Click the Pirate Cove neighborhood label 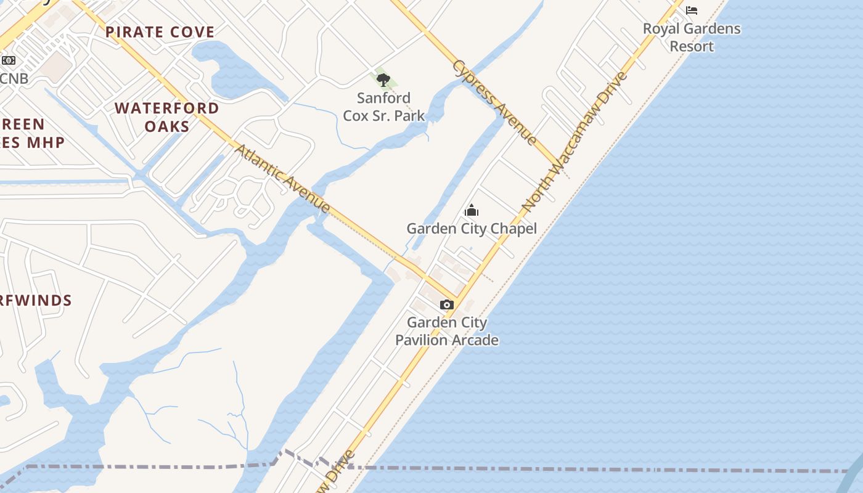[160, 32]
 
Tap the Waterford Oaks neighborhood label [167, 117]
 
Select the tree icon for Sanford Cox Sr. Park [383, 79]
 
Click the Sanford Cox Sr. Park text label [383, 107]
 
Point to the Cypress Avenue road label [495, 102]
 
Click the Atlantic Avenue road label [283, 179]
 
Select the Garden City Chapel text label [472, 229]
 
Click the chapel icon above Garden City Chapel [472, 211]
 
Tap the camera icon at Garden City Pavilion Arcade [447, 304]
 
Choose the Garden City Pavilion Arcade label [447, 331]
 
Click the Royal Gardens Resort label [692, 37]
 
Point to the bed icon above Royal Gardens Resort [692, 10]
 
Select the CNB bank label [14, 78]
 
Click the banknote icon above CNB [8, 60]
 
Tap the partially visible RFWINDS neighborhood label [36, 301]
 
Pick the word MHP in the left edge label [44, 142]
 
